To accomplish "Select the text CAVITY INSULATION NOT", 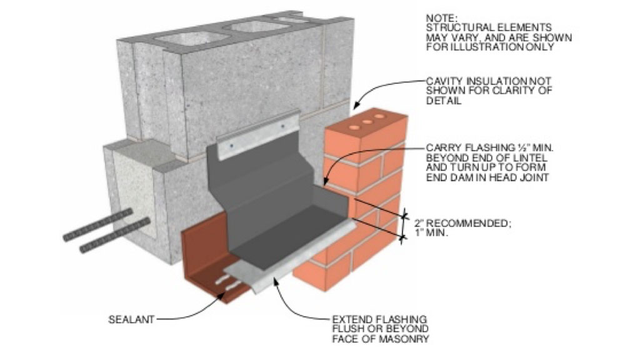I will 480,81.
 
